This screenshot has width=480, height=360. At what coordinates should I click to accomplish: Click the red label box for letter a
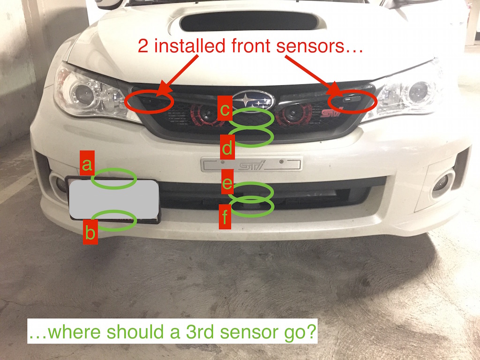coord(87,163)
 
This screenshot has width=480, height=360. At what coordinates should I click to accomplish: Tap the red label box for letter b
coord(90,232)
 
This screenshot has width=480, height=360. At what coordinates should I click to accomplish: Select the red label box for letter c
coord(225,108)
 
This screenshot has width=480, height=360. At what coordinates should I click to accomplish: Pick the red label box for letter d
coord(227,147)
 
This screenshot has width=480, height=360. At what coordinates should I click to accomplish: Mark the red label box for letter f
coord(225,217)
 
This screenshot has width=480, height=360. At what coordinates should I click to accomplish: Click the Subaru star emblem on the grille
coord(253,100)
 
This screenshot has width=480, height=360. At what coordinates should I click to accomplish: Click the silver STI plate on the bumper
coord(251,164)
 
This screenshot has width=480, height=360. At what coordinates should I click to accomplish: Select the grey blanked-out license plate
coord(114,199)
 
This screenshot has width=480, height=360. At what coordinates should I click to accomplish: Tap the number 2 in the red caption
coord(142,46)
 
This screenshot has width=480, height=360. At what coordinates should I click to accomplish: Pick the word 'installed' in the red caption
coord(189,45)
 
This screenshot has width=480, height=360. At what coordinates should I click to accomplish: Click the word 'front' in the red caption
coord(251,45)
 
